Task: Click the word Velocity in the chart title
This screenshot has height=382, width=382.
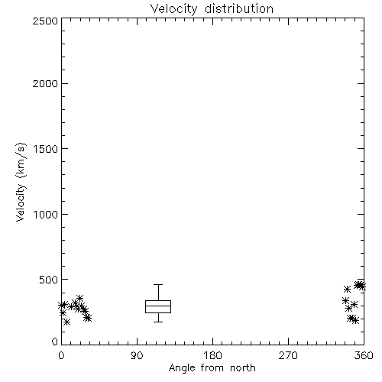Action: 174,9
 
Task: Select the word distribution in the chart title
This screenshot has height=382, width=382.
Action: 239,8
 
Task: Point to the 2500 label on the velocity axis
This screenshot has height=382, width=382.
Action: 45,21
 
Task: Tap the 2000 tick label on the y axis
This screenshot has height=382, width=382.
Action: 45,83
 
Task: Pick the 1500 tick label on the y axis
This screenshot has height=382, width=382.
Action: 46,149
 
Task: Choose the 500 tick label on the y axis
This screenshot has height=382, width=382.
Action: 49,280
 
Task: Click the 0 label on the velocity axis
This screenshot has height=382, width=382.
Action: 55,342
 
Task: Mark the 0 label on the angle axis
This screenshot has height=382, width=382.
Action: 61,355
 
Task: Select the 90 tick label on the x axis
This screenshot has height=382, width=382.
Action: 137,355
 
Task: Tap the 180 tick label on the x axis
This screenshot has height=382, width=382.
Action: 212,355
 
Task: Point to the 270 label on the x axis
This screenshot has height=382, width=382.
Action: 288,355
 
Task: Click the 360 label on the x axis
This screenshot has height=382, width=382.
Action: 364,355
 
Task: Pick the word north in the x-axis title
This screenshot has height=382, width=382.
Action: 243,368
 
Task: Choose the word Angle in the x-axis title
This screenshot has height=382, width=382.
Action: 182,368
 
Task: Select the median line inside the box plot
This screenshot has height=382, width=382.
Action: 158,306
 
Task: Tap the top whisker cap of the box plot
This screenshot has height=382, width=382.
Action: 158,285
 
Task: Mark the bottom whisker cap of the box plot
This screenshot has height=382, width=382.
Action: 158,322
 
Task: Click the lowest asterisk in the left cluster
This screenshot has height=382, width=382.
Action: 66,322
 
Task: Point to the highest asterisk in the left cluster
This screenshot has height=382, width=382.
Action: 79,298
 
